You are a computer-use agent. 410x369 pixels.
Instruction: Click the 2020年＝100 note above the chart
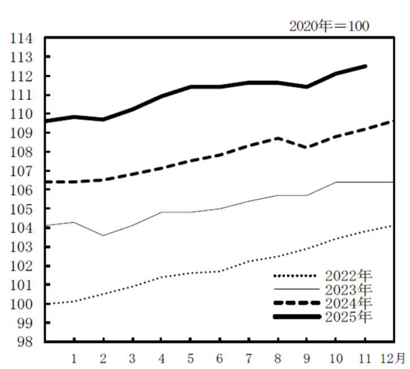330,26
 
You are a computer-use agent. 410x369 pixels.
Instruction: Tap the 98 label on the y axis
26,342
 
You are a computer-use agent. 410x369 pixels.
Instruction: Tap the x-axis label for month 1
74,358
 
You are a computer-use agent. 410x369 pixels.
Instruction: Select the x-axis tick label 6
219,358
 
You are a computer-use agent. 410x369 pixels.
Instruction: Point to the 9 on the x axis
307,358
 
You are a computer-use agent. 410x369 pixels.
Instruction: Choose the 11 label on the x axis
365,358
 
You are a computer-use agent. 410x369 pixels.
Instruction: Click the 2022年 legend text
349,276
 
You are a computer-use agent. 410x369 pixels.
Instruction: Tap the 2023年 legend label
349,289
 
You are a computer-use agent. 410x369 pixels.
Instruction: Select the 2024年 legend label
349,303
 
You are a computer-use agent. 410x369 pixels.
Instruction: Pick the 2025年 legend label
349,316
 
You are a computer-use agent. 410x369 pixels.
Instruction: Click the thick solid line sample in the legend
298,316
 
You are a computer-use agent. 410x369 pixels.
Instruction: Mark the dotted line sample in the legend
298,276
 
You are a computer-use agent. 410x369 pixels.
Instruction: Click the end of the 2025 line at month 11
365,66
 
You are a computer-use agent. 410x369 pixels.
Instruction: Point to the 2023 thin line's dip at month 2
103,235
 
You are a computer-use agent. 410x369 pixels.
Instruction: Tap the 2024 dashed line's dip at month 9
307,147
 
